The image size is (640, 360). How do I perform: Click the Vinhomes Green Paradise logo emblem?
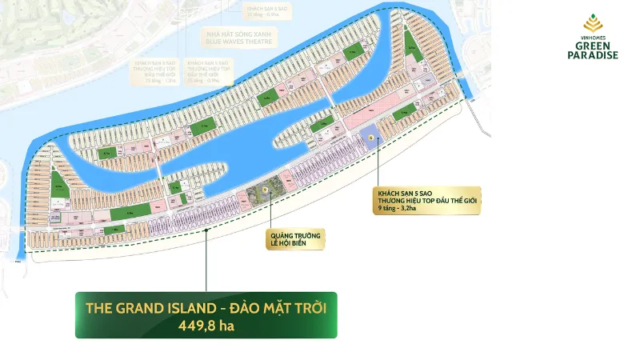(591, 24)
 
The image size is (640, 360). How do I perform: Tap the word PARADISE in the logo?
(592, 55)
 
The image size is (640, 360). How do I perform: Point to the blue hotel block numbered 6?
(372, 138)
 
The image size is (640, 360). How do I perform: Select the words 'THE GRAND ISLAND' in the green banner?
(135, 307)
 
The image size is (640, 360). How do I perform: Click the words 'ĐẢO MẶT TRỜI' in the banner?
(281, 307)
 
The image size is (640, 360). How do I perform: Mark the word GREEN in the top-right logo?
(592, 46)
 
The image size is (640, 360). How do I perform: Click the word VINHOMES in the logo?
(592, 38)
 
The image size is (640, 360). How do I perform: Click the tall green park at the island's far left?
(58, 185)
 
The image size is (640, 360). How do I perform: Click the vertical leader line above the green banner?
(206, 260)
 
